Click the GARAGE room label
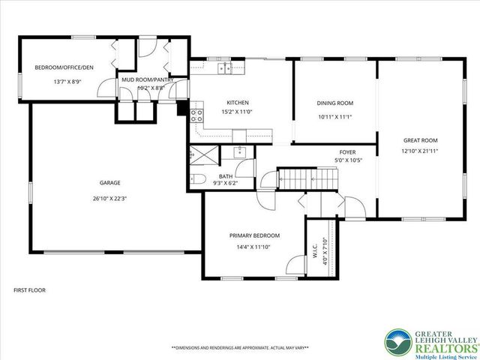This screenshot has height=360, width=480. tap(110, 182)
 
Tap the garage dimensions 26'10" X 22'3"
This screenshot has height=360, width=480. tap(110, 199)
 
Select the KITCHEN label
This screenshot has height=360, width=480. tap(238, 103)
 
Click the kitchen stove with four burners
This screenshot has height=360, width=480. tap(197, 115)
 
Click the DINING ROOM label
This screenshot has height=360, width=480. tap(335, 103)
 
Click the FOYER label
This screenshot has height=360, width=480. tap(347, 151)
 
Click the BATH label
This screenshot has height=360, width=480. tap(226, 175)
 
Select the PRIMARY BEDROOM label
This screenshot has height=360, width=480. tap(254, 235)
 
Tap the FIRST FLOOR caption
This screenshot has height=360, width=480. tap(30, 289)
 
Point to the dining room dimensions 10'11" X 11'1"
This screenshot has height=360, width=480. tap(335, 117)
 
